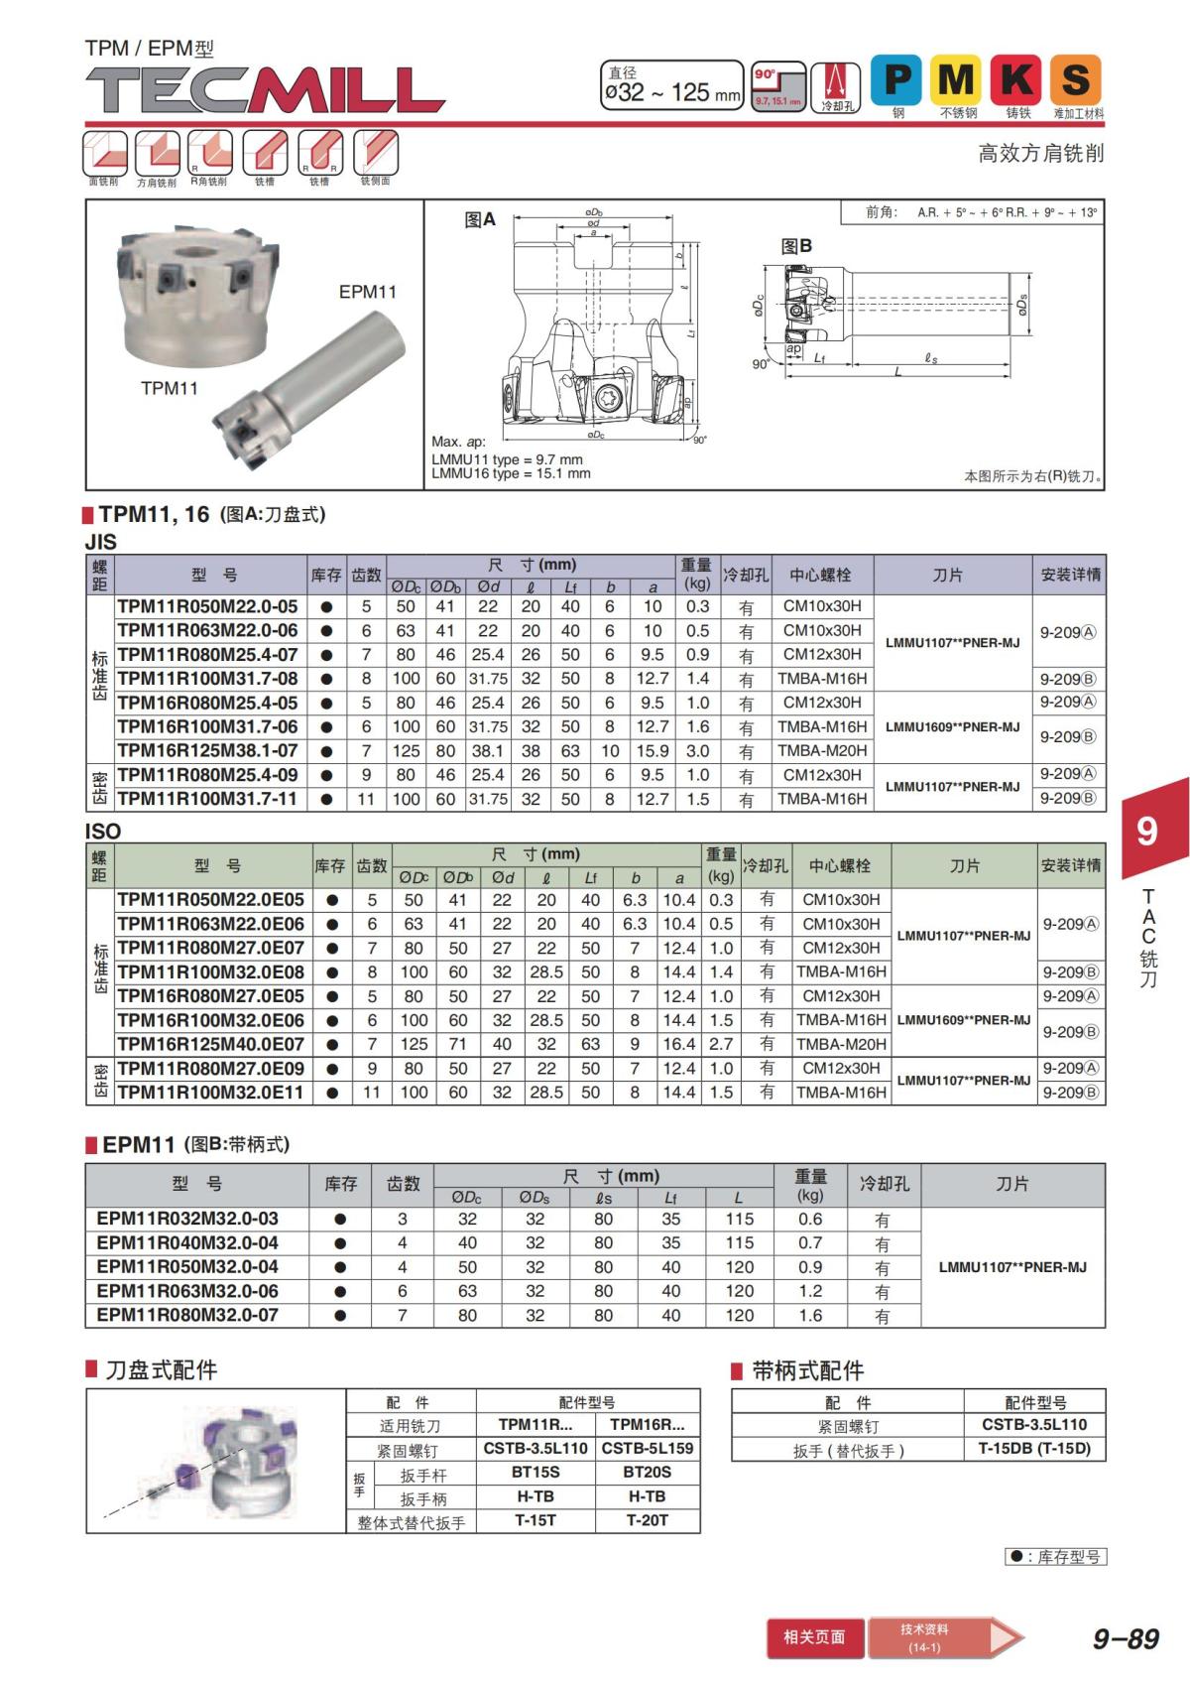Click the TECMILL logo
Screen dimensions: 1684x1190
(265, 90)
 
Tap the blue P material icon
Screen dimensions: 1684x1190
(896, 79)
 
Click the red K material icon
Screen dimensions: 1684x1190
(1017, 79)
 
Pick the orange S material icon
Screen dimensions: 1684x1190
(1077, 79)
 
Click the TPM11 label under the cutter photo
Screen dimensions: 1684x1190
(170, 388)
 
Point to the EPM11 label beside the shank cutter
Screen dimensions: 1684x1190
(367, 292)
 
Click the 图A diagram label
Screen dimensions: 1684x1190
(480, 220)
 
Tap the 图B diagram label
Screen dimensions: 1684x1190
(796, 246)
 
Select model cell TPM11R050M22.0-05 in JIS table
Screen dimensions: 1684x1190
(207, 606)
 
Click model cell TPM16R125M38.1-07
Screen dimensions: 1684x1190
(207, 751)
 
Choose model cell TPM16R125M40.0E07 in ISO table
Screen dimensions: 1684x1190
(210, 1044)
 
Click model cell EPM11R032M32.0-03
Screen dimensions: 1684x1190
(187, 1219)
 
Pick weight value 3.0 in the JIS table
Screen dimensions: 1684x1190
(698, 751)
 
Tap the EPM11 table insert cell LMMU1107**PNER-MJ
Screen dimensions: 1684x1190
(1012, 1267)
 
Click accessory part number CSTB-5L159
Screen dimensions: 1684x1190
(648, 1448)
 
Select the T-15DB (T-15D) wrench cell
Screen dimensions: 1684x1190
(1034, 1449)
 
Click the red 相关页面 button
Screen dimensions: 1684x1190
(814, 1636)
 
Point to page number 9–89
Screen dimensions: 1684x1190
(1126, 1638)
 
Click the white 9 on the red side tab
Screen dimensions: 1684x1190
(1146, 830)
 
